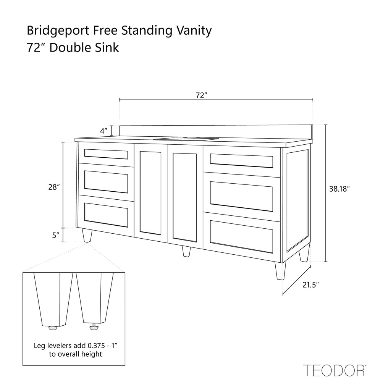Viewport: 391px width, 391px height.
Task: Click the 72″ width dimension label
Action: pyautogui.click(x=202, y=95)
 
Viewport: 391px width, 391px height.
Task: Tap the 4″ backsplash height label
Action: pyautogui.click(x=104, y=131)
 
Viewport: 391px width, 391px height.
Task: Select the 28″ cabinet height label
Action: pyautogui.click(x=54, y=187)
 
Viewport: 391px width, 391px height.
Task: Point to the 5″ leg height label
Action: pyautogui.click(x=56, y=235)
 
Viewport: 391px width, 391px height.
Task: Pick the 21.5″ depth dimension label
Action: pyautogui.click(x=311, y=285)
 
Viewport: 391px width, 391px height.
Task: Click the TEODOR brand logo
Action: pyautogui.click(x=334, y=370)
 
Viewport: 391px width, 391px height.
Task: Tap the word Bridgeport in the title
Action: pyautogui.click(x=58, y=31)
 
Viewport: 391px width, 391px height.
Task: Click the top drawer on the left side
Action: pyautogui.click(x=106, y=154)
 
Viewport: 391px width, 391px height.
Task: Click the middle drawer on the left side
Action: pyautogui.click(x=106, y=182)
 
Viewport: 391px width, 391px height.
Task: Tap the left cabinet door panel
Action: pyautogui.click(x=150, y=193)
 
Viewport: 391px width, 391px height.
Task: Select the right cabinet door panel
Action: pyautogui.click(x=185, y=197)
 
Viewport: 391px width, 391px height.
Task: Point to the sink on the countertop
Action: pyautogui.click(x=186, y=139)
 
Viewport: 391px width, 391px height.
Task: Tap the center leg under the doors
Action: pyautogui.click(x=186, y=251)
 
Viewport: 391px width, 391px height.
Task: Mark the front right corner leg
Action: pyautogui.click(x=280, y=271)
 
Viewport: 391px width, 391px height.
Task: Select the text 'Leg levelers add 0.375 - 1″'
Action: pyautogui.click(x=76, y=346)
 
